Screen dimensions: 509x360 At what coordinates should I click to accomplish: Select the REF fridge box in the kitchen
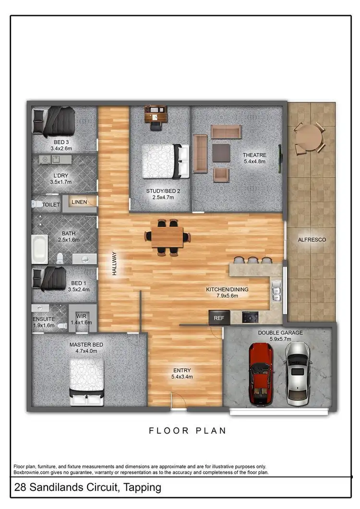[x=219, y=318]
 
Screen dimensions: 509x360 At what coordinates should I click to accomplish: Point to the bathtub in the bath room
[x=39, y=249]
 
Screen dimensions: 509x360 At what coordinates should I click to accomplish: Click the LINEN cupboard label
[x=79, y=202]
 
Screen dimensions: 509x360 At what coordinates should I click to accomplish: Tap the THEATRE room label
[x=254, y=155]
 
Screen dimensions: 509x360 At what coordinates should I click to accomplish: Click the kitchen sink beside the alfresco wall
[x=276, y=291]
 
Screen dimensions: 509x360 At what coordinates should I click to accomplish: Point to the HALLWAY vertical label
[x=114, y=263]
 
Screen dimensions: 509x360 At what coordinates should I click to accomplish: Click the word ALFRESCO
[x=312, y=239]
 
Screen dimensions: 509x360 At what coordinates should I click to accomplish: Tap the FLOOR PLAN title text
[x=187, y=431]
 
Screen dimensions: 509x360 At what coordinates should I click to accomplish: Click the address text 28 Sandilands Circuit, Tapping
[x=87, y=488]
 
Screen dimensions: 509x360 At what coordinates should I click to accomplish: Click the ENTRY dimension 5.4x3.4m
[x=182, y=377]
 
